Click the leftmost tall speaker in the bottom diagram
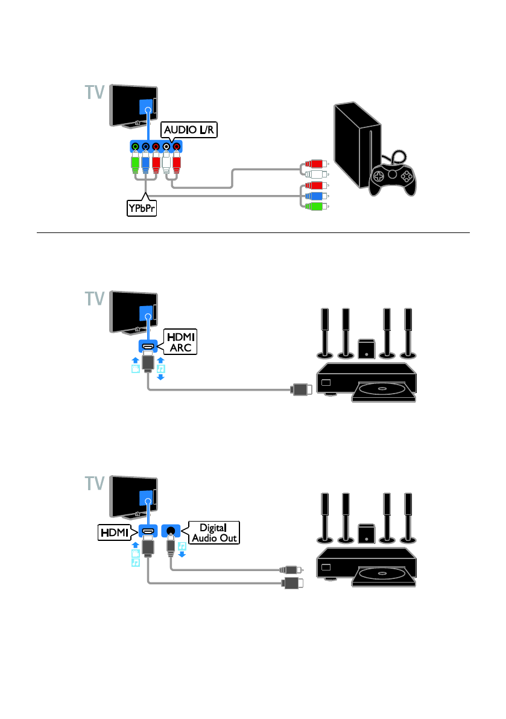(x=324, y=516)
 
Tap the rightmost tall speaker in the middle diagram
(x=408, y=332)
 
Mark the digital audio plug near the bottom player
(x=289, y=569)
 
